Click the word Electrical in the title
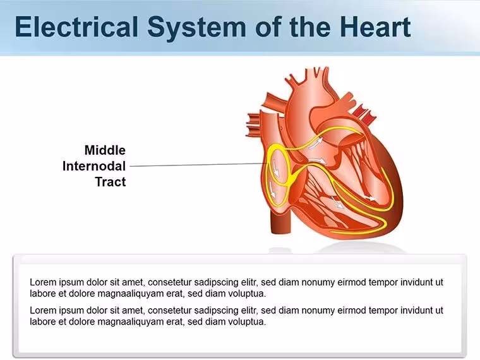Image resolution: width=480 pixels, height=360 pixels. pyautogui.click(x=76, y=27)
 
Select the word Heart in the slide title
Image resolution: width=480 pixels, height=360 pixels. pyautogui.click(x=375, y=27)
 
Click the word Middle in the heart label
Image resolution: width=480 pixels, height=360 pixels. pyautogui.click(x=105, y=150)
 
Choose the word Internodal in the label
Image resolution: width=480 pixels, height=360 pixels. pyautogui.click(x=94, y=166)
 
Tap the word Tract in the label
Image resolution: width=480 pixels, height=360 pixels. pyautogui.click(x=111, y=182)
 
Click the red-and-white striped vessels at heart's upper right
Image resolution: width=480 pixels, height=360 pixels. pyautogui.click(x=365, y=112)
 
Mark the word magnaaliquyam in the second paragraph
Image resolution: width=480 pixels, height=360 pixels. pyautogui.click(x=130, y=322)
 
